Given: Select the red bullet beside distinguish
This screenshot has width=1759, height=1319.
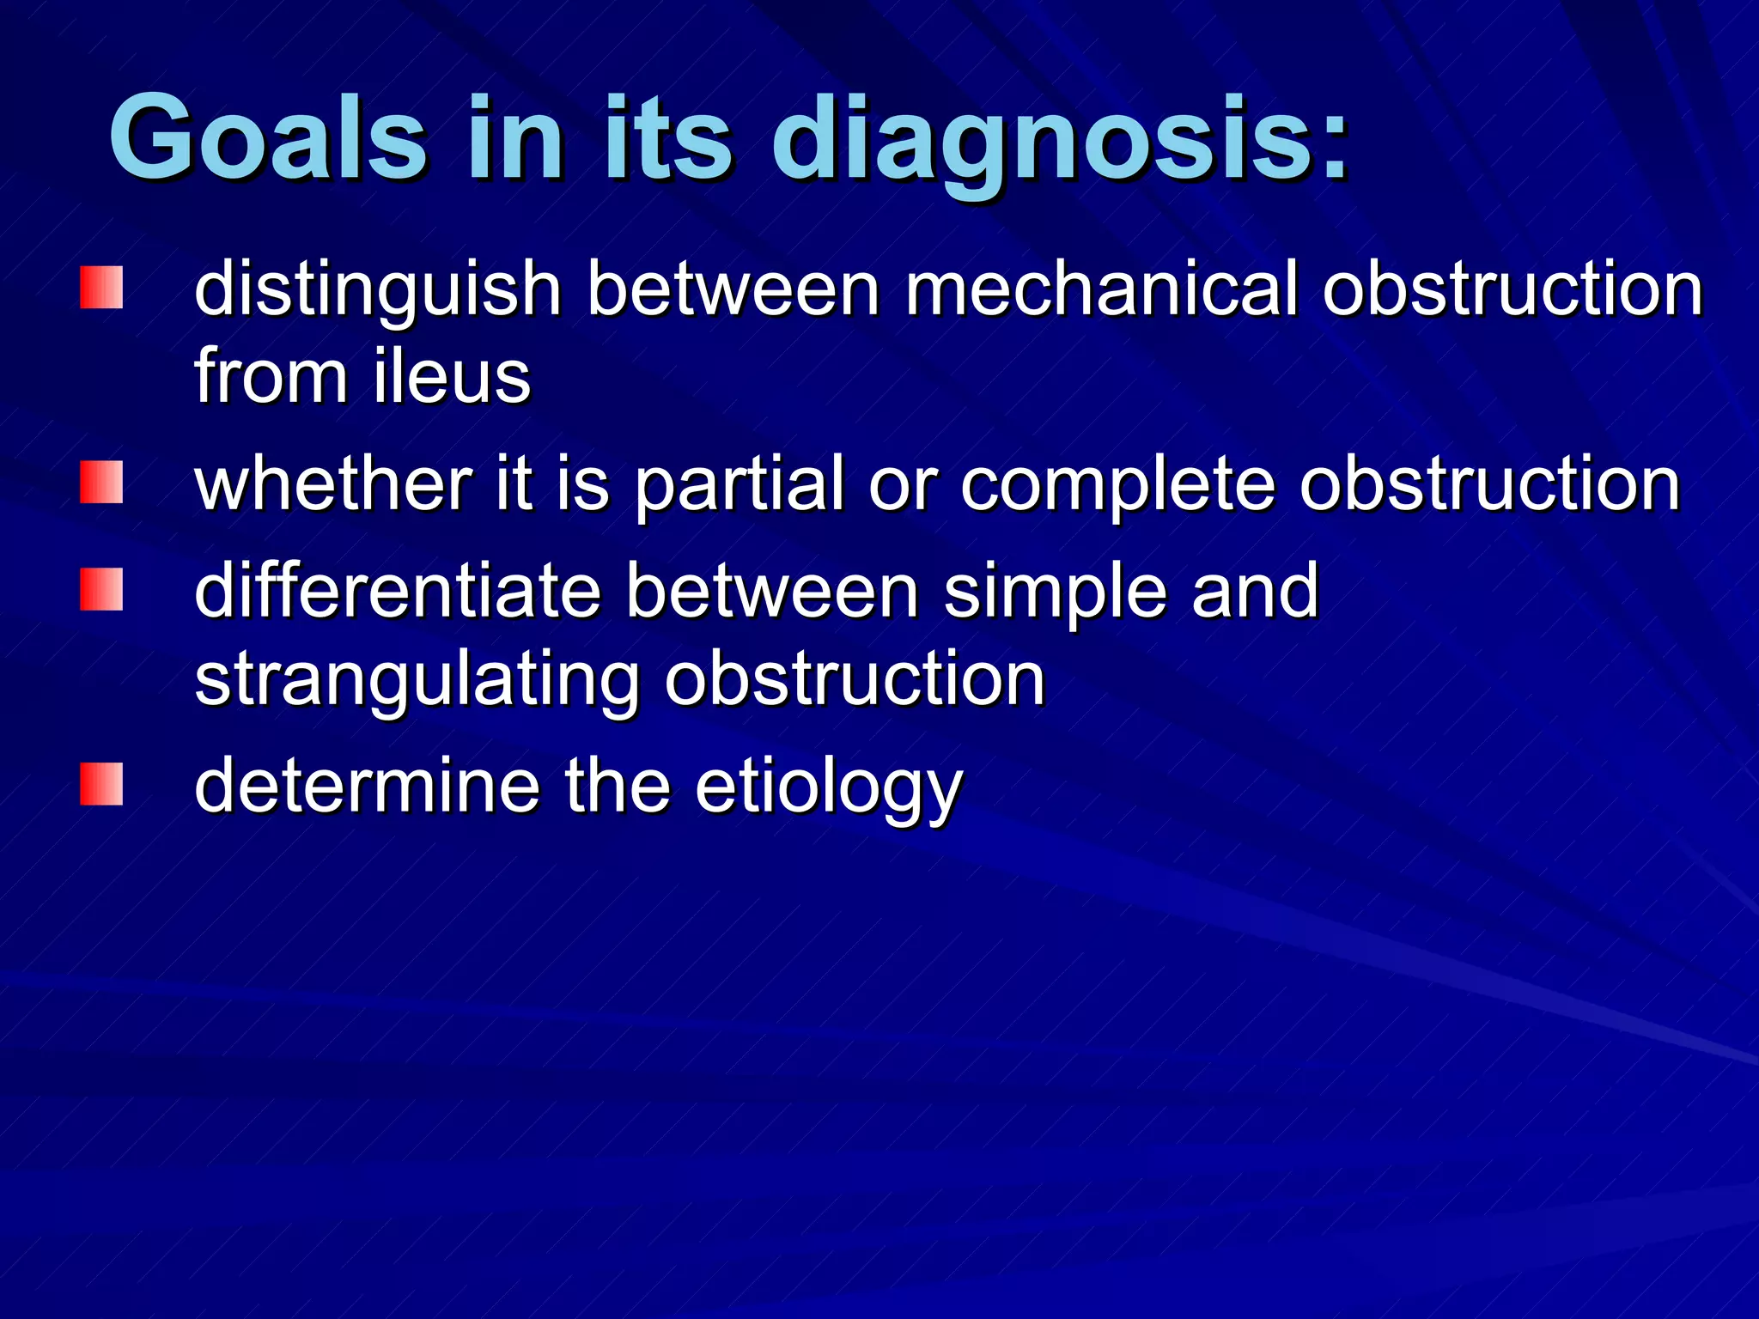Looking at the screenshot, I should [101, 288].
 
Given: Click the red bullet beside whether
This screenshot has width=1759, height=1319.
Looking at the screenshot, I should [101, 483].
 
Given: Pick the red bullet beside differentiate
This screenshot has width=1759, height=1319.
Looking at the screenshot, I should [101, 589].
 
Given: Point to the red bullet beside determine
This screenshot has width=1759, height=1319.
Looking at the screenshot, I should [101, 784].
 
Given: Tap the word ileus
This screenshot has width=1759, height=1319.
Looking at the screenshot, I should [452, 377].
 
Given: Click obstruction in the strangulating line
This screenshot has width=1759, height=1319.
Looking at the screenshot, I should [855, 680].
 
